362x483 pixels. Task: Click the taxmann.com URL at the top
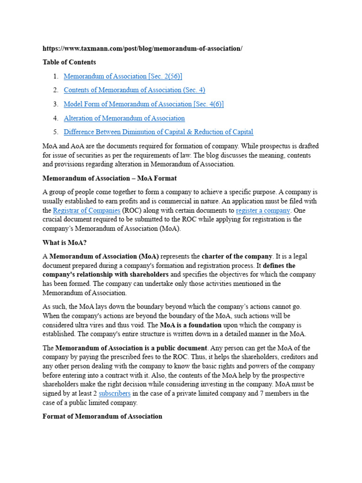pos(142,49)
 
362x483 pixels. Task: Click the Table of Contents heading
pos(69,62)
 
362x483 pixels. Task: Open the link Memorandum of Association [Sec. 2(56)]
pos(123,76)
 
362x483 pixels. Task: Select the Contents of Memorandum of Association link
pos(134,90)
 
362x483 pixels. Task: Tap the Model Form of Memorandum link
pos(143,104)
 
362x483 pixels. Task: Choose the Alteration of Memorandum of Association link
pos(124,118)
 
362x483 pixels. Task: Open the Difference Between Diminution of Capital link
pos(158,132)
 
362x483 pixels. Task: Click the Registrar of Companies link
pos(86,210)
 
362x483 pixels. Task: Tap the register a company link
pos(263,210)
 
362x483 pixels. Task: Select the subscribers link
pos(115,393)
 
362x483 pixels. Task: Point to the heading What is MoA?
pos(65,243)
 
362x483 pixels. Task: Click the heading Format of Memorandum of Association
pos(102,416)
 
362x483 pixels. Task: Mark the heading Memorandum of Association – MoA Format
pos(109,178)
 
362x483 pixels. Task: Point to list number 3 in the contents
pos(55,104)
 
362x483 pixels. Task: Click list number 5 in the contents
pos(55,132)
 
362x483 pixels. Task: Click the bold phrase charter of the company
pos(237,257)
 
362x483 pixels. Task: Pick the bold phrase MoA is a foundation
pos(190,325)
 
